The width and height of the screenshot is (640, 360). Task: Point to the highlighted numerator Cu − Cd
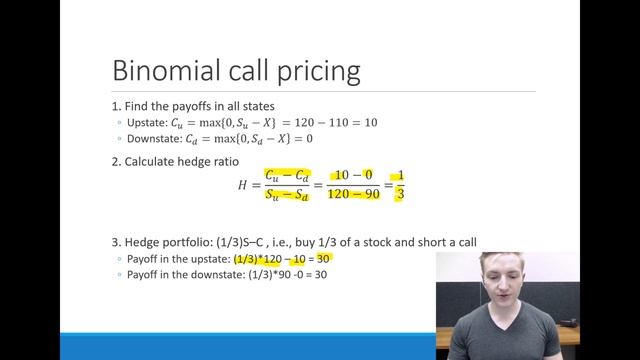click(x=285, y=174)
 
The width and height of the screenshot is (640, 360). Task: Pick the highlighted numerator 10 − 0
click(x=356, y=174)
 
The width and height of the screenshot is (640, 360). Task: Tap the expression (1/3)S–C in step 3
click(x=231, y=242)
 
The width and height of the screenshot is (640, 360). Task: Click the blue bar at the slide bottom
click(x=220, y=346)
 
